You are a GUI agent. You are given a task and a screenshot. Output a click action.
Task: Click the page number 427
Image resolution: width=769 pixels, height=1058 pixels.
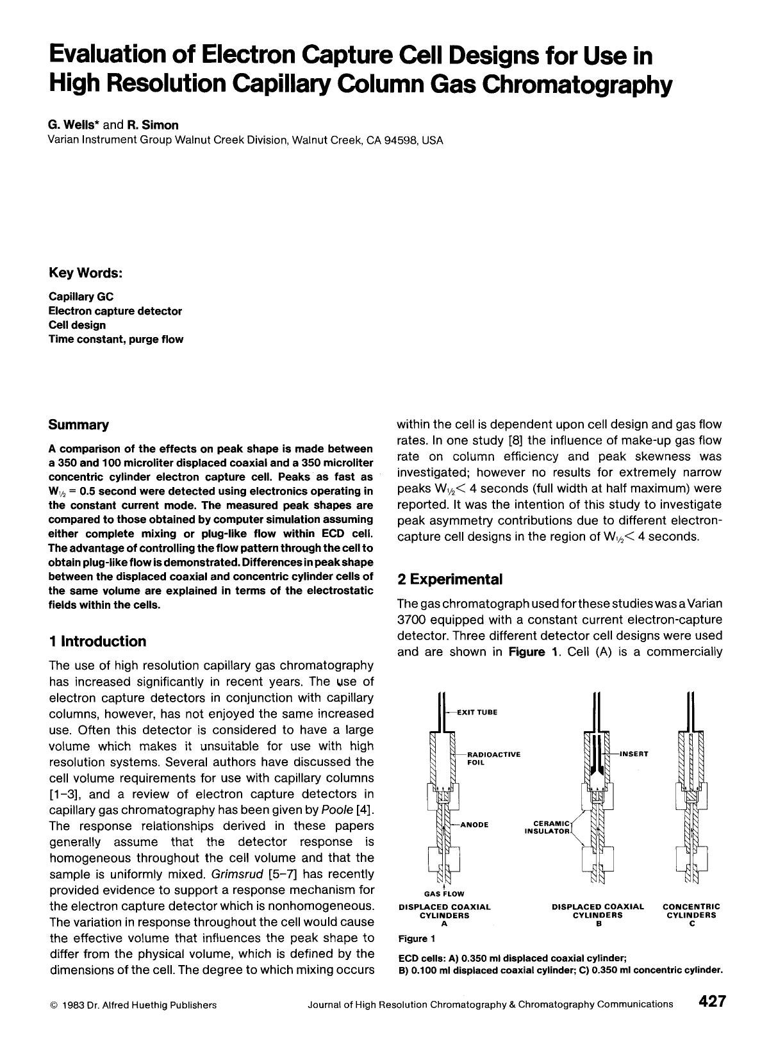point(711,1002)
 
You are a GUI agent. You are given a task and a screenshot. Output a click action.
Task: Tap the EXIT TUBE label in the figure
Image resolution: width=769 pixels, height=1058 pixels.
point(477,712)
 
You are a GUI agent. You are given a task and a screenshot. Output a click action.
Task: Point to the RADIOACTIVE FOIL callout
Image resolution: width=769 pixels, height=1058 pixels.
point(493,759)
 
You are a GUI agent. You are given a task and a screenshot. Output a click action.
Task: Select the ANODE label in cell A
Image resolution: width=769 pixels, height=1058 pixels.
point(474,825)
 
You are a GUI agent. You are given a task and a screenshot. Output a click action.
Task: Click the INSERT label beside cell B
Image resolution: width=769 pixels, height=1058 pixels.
point(634,754)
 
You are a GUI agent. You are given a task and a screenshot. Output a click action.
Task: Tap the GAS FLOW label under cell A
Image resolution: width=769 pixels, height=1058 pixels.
point(444,893)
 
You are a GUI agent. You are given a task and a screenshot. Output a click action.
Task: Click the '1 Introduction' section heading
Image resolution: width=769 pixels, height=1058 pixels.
point(97,641)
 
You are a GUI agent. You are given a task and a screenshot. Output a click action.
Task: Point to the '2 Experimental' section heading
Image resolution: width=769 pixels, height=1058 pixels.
point(450,579)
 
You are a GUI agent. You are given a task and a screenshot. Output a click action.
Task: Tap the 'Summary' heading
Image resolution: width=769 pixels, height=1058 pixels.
point(79,425)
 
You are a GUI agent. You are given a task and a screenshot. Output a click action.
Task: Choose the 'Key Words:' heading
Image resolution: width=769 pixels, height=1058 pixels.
point(85,273)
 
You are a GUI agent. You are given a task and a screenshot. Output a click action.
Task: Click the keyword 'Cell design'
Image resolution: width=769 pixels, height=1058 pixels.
point(78,325)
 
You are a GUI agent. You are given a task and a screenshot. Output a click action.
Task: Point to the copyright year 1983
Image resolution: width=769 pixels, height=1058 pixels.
point(72,1005)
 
